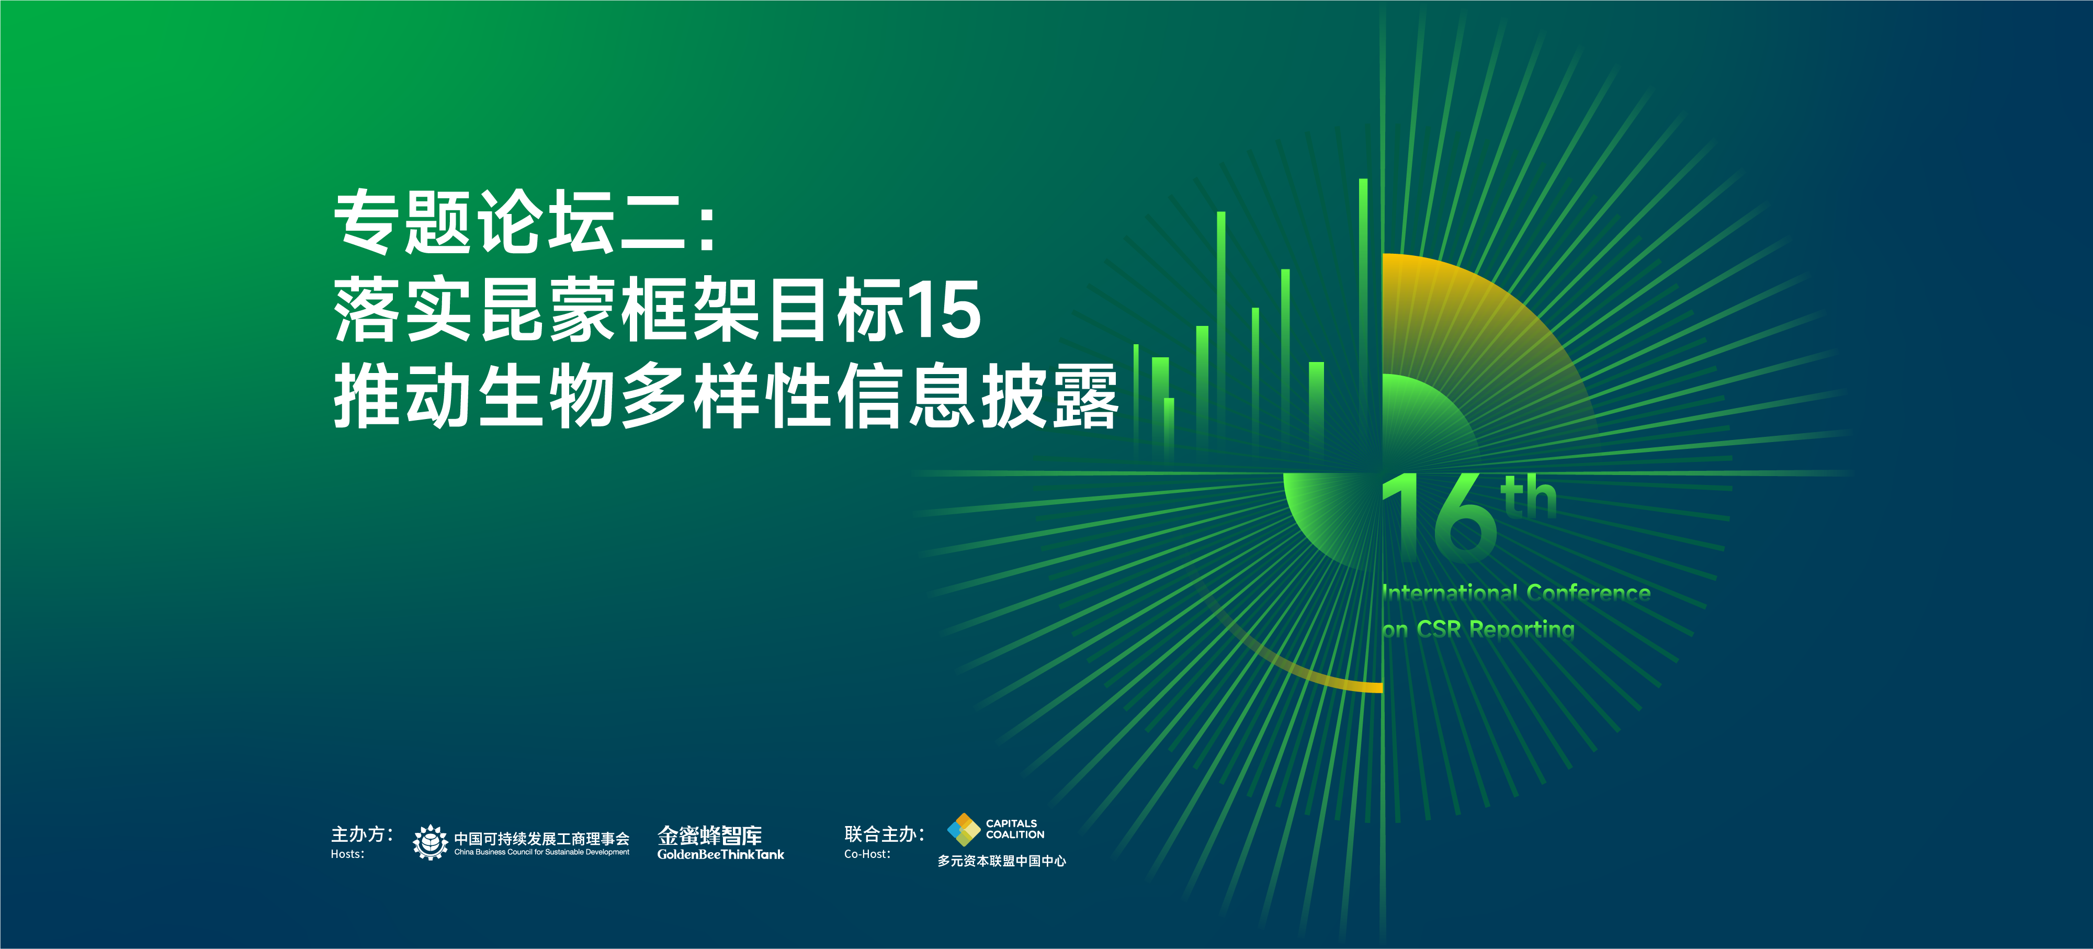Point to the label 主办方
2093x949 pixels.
361,834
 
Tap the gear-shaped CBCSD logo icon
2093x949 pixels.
430,842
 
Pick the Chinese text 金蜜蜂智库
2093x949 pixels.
710,835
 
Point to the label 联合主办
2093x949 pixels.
884,834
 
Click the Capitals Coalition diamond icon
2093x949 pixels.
964,830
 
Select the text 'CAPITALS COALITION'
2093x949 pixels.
1015,829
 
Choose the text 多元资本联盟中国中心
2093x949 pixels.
1002,861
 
